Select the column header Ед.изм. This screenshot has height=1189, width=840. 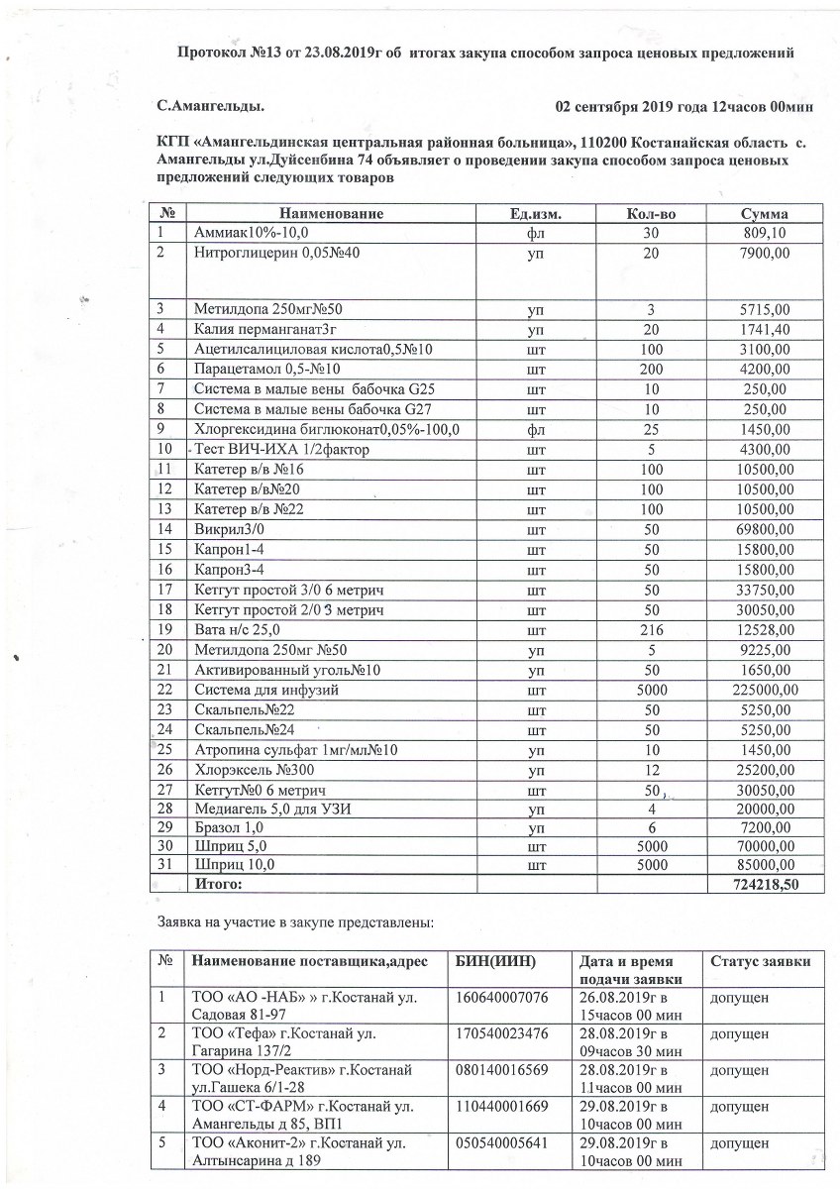coord(536,213)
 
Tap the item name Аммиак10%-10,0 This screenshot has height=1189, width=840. coord(252,232)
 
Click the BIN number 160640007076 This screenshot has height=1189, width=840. coord(500,996)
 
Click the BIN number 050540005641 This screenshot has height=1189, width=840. coord(500,1142)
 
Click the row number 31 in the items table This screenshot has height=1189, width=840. coord(165,864)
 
